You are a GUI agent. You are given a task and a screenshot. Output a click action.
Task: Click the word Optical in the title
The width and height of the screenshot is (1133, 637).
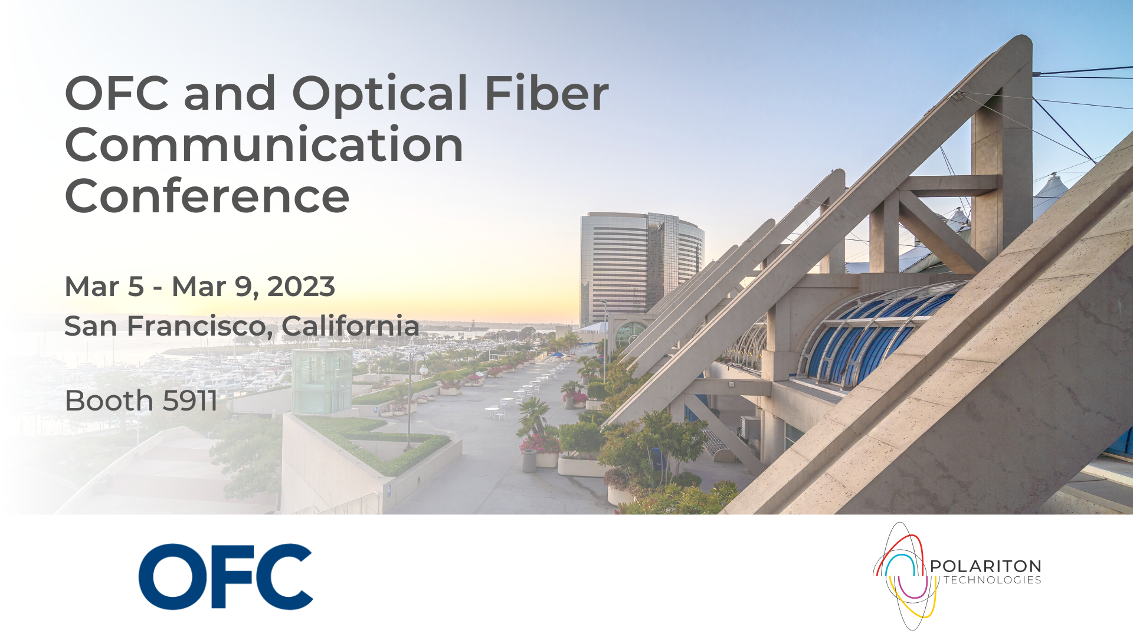pos(380,94)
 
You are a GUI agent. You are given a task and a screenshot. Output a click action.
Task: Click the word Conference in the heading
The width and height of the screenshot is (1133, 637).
pos(207,196)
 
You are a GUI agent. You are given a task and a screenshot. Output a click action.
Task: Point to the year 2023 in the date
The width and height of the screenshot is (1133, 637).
pos(301,287)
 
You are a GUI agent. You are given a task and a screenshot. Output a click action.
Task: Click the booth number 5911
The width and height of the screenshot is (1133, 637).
pos(190,401)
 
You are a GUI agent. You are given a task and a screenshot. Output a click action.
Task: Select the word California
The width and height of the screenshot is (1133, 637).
pos(351,326)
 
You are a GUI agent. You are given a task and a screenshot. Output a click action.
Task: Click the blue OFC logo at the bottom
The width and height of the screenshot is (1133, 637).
pos(225,577)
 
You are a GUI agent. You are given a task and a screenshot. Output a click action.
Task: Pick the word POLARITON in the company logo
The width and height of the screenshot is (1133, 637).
pos(985,566)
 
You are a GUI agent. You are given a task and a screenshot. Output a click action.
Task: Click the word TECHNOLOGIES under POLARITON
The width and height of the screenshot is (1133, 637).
pos(993,580)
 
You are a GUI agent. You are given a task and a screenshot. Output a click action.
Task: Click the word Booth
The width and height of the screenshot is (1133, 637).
pos(109,401)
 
